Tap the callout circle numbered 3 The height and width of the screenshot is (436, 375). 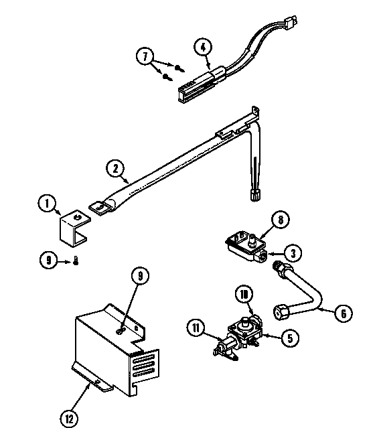tap(292, 252)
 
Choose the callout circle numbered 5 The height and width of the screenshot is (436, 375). tap(289, 339)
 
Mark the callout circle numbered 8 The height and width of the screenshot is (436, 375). tap(282, 219)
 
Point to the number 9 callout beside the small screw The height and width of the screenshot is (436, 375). tap(48, 262)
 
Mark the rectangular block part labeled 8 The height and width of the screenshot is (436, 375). tap(245, 243)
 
